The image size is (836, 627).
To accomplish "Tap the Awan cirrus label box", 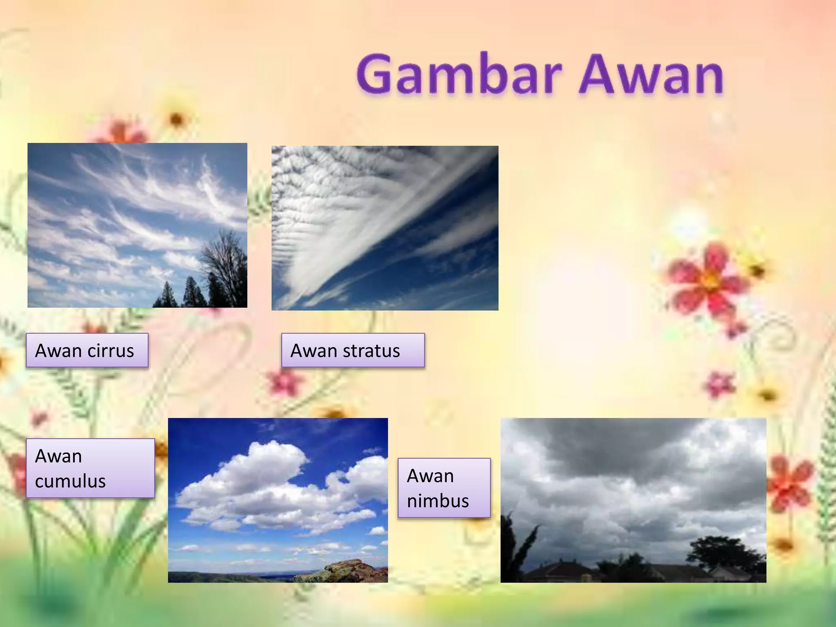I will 87,351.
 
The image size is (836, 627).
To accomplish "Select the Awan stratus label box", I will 353,351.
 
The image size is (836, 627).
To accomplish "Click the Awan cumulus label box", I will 90,468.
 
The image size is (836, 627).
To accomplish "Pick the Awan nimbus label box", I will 444,488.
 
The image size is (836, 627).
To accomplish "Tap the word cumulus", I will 70,481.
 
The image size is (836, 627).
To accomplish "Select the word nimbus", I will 438,501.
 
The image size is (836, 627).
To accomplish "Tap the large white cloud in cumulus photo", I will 261,478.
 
